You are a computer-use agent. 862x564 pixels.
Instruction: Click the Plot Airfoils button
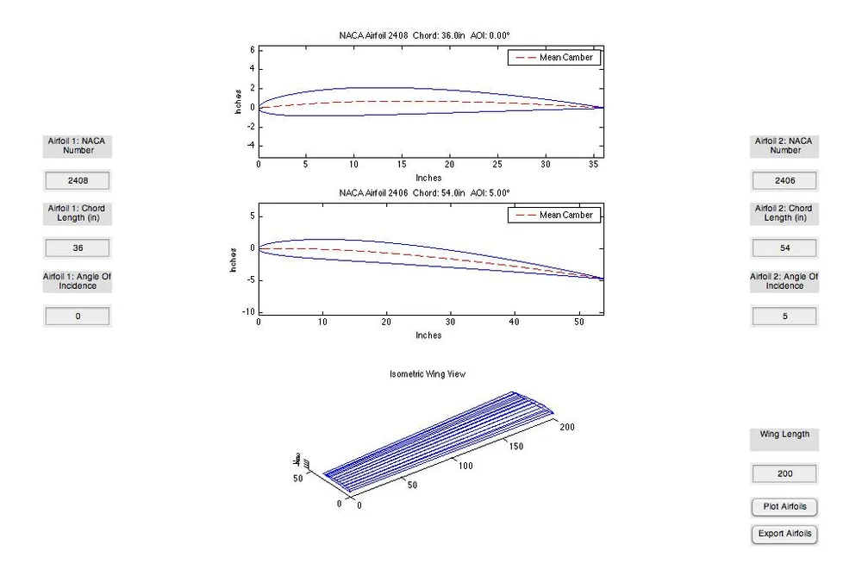[x=784, y=506]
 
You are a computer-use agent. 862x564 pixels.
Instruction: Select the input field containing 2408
[x=78, y=181]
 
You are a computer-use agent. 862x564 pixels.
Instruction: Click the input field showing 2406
[x=784, y=181]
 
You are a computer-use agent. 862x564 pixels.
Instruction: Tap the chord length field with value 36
[x=78, y=248]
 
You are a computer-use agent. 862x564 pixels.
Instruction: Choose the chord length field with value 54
[x=784, y=248]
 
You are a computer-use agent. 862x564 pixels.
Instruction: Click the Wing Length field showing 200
[x=784, y=473]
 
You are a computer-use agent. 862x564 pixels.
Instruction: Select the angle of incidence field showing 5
[x=784, y=316]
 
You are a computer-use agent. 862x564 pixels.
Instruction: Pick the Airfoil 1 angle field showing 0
[x=78, y=316]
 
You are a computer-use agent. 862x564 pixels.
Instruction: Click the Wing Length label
[x=784, y=435]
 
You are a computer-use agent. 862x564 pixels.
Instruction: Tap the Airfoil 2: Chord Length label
[x=784, y=213]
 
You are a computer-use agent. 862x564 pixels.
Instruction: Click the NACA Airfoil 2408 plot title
[x=428, y=35]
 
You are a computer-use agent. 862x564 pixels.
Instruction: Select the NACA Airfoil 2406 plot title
[x=428, y=192]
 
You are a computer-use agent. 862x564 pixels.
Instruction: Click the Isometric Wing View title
[x=428, y=374]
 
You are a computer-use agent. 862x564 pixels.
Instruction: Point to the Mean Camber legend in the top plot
[x=554, y=58]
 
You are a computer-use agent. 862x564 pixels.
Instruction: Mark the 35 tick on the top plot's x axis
[x=592, y=163]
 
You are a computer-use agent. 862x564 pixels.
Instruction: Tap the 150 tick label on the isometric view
[x=515, y=447]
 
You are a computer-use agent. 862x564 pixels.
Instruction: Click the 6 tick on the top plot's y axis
[x=252, y=50]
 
